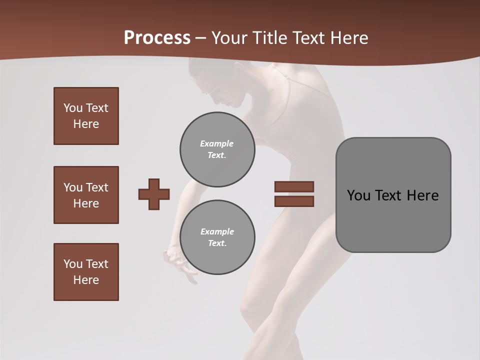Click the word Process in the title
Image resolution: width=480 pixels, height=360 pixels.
[157, 38]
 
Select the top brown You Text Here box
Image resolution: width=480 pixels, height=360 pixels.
[86, 116]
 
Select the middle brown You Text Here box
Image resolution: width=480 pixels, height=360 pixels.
[86, 195]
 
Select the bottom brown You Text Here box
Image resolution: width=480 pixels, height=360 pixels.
[86, 272]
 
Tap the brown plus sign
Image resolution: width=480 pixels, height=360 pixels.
[154, 194]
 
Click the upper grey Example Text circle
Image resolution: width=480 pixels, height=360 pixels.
[217, 149]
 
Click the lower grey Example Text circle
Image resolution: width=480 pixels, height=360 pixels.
[217, 237]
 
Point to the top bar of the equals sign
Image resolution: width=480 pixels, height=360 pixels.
[294, 186]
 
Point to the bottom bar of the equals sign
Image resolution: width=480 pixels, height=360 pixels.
[294, 201]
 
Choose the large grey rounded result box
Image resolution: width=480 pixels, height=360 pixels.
[393, 195]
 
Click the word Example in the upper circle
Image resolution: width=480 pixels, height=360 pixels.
[217, 143]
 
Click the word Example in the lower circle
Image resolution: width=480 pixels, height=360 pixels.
[217, 231]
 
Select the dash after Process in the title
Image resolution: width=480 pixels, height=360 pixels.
[201, 38]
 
